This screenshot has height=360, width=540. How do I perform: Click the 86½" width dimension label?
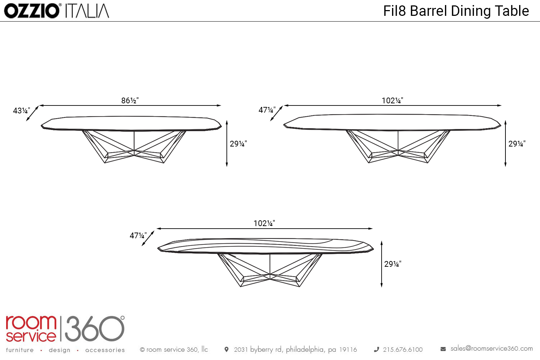(x=130, y=100)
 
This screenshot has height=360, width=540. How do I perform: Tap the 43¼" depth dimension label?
(x=21, y=111)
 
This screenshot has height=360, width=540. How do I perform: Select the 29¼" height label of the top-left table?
(x=238, y=144)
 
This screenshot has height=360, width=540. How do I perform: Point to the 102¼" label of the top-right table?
(x=392, y=100)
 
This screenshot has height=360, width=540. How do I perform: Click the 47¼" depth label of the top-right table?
(x=267, y=110)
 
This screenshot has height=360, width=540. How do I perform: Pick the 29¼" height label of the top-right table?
(x=517, y=144)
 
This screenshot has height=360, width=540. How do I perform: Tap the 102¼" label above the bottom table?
(x=264, y=223)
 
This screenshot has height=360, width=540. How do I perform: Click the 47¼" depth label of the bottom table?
(x=138, y=235)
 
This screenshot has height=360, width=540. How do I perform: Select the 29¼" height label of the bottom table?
(x=392, y=264)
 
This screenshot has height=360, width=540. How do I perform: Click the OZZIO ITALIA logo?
(x=57, y=11)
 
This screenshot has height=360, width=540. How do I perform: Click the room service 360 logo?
(x=65, y=329)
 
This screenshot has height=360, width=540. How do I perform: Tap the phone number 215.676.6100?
(x=402, y=350)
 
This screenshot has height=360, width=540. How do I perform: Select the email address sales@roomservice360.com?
(x=491, y=348)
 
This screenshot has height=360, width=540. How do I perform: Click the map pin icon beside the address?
(x=226, y=349)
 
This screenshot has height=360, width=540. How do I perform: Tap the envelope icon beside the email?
(x=443, y=349)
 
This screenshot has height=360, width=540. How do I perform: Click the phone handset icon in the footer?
(x=377, y=349)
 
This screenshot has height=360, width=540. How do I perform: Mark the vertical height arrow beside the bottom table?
(x=382, y=264)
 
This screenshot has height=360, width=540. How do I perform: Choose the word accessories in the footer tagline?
(x=105, y=350)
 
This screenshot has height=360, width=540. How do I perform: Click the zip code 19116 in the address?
(x=348, y=350)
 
